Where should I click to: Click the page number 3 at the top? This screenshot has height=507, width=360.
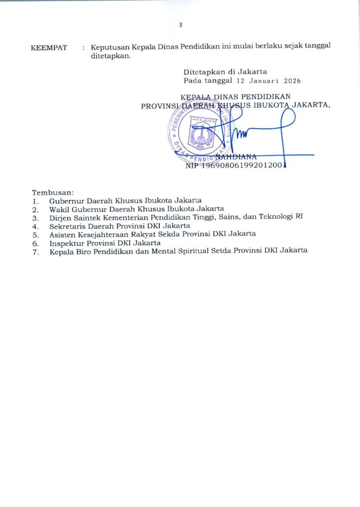click(x=181, y=26)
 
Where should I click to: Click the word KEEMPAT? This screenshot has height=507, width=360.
click(x=49, y=48)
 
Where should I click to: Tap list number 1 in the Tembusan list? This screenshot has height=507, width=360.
click(x=35, y=201)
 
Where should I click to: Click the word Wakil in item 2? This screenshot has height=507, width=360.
click(x=58, y=209)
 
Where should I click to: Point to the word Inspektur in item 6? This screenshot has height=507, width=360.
click(x=66, y=242)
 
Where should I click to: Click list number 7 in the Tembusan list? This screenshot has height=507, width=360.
click(x=35, y=251)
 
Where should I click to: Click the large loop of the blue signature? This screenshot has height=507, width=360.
click(x=287, y=124)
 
